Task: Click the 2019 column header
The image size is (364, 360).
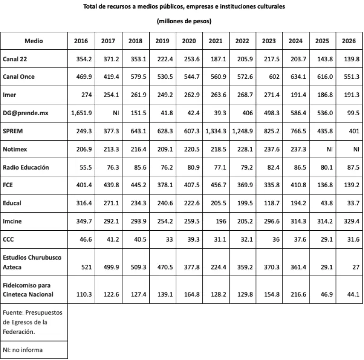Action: tap(163, 41)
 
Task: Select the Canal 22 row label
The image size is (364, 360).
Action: tap(15, 59)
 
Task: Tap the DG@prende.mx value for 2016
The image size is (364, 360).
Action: tap(81, 113)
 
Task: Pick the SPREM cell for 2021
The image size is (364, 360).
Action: tap(217, 131)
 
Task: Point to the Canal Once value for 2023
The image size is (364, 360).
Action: tap(269, 77)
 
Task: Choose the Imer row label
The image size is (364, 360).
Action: tap(9, 95)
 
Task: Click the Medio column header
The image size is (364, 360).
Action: tap(34, 41)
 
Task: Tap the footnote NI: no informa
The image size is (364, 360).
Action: tap(22, 350)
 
